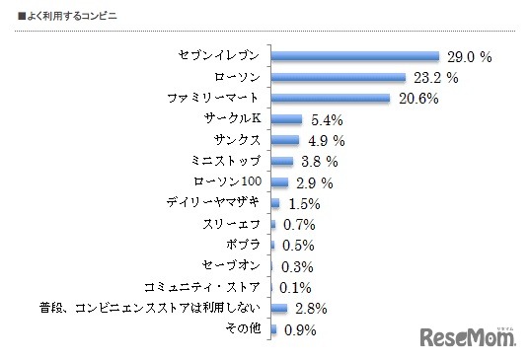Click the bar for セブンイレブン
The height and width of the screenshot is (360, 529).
pyautogui.click(x=354, y=56)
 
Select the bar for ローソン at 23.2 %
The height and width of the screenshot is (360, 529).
pyautogui.click(x=338, y=77)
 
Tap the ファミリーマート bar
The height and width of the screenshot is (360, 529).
pyautogui.click(x=330, y=99)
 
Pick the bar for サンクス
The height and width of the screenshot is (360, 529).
pyautogui.click(x=284, y=140)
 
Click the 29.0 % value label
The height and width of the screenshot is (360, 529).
pyautogui.click(x=472, y=57)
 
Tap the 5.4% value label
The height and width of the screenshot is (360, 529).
pyautogui.click(x=328, y=120)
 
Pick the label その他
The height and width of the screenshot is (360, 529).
pyautogui.click(x=244, y=329)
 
